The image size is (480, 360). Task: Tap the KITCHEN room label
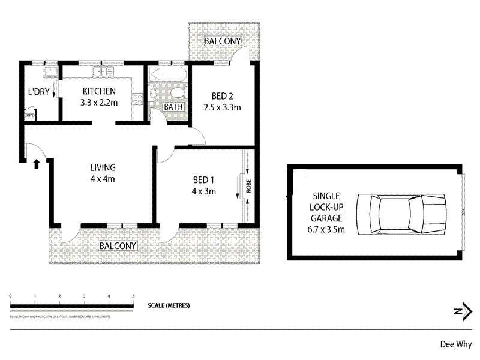tap(100, 91)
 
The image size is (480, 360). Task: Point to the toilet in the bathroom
tap(177, 94)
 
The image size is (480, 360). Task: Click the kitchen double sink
tap(103, 72)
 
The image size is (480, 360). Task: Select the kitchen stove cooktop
tap(137, 100)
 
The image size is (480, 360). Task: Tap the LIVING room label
tap(103, 167)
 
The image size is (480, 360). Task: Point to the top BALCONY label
tap(222, 41)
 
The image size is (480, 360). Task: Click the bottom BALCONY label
tap(118, 246)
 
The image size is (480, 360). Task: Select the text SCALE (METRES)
tap(169, 305)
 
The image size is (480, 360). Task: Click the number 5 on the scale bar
tap(133, 296)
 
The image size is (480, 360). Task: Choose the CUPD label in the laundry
tap(29, 115)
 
